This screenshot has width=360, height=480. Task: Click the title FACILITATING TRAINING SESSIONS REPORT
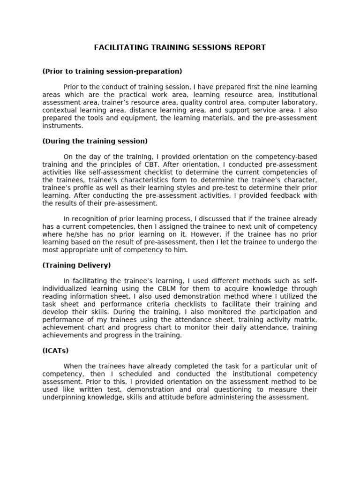coord(180,47)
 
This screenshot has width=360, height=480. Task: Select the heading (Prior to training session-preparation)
coord(112,71)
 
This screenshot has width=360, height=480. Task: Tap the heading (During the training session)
coord(95,141)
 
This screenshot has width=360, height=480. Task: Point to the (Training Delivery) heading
coord(76,265)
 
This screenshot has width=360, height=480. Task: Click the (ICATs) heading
coord(55,351)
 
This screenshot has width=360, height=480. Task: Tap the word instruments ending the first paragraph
coord(62,126)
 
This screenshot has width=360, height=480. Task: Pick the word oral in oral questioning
coord(202,390)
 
